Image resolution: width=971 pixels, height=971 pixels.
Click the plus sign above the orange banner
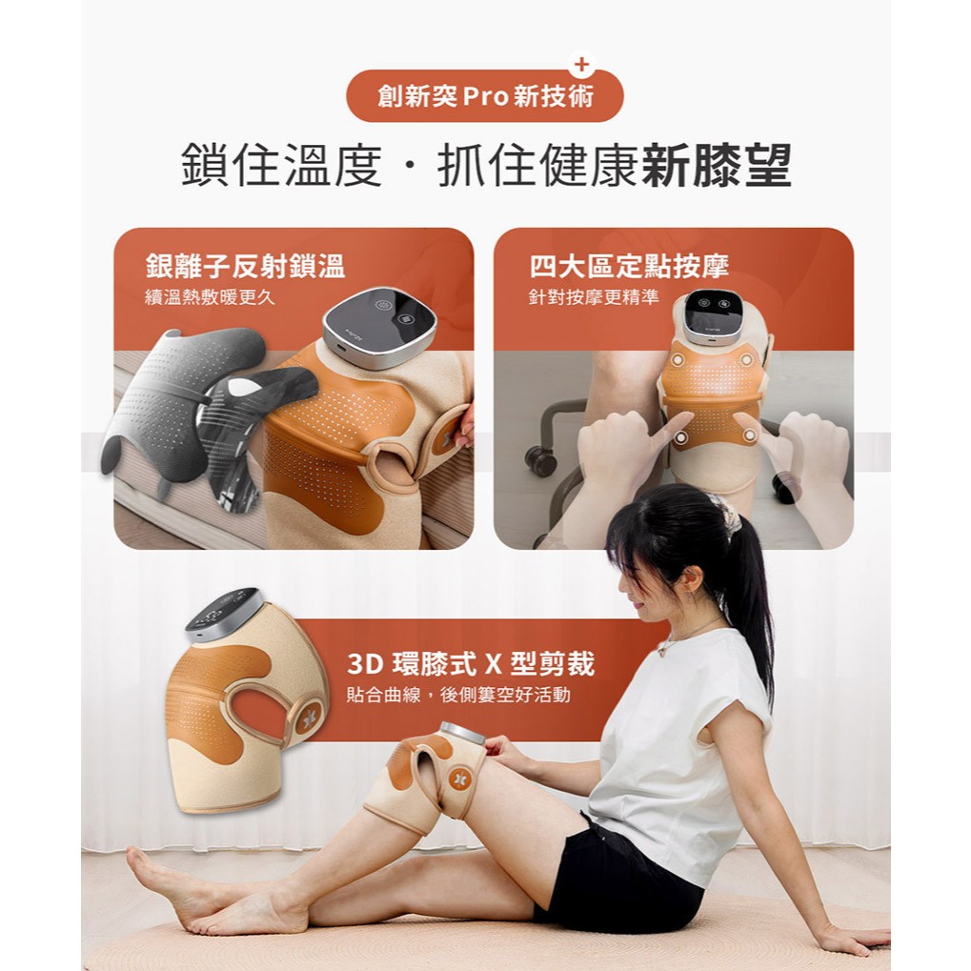(x=581, y=65)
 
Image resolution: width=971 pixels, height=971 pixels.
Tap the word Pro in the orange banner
(x=486, y=96)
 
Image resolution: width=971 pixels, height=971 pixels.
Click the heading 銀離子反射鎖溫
(x=245, y=266)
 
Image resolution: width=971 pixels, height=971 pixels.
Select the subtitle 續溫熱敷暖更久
(x=210, y=297)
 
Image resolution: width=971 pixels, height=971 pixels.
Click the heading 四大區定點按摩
(x=629, y=266)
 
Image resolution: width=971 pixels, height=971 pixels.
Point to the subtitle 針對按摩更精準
(x=594, y=297)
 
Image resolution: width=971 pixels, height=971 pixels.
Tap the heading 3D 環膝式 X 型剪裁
(x=471, y=664)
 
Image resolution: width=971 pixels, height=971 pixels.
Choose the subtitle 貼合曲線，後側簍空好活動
(x=458, y=695)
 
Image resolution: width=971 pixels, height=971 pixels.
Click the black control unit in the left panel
(x=379, y=326)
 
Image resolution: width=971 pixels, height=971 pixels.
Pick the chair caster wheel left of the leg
(x=540, y=461)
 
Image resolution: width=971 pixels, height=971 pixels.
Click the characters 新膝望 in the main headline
(x=717, y=165)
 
